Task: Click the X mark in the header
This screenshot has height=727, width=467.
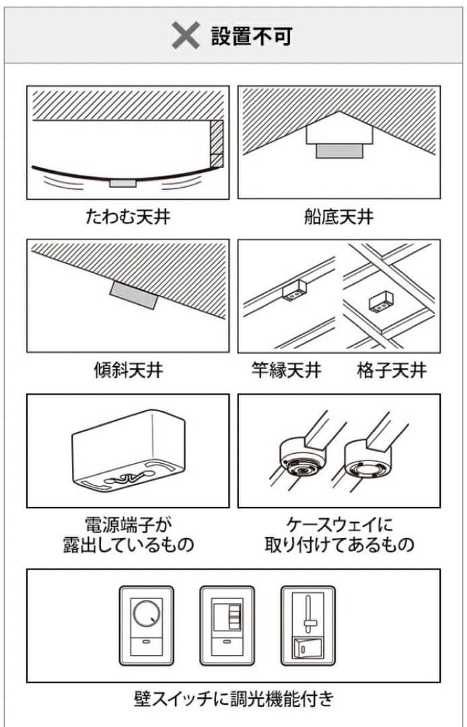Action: [185, 36]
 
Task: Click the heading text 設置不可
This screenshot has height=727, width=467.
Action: [252, 36]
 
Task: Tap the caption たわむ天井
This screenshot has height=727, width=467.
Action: [127, 217]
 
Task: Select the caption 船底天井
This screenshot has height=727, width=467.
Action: [338, 217]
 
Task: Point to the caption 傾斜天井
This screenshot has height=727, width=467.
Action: [127, 370]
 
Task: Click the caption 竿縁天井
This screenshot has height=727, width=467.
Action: [286, 370]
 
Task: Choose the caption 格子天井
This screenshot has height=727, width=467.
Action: [392, 370]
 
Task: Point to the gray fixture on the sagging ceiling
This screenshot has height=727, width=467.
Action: [122, 182]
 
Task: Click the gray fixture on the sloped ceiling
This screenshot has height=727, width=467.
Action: [134, 296]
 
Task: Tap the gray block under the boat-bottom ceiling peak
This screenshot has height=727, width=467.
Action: [339, 151]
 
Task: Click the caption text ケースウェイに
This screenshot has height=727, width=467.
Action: [339, 524]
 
